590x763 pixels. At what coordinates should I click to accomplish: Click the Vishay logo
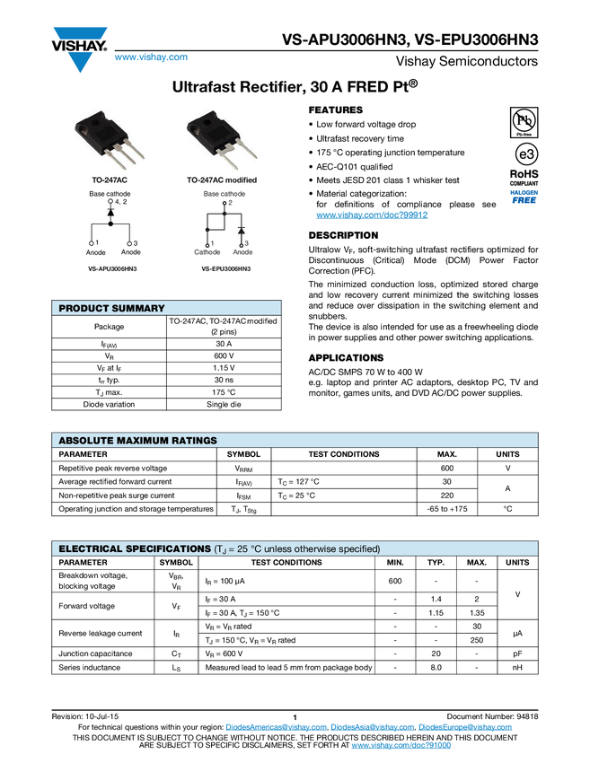79,48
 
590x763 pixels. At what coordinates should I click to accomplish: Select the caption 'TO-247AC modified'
221,180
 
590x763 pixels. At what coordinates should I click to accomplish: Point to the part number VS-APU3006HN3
112,268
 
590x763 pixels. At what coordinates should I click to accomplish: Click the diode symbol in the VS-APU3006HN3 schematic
110,213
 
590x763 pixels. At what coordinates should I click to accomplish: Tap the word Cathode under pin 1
207,252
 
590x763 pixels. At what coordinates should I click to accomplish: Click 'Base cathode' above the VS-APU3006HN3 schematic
110,194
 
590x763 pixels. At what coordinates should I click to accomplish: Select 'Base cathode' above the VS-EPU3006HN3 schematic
224,194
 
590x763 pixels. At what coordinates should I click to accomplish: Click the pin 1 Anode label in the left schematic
95,252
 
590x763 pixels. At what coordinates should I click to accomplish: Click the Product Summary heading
111,309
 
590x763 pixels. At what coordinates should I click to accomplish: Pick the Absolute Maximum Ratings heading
137,441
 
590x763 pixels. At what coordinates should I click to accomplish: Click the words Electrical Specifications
133,548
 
